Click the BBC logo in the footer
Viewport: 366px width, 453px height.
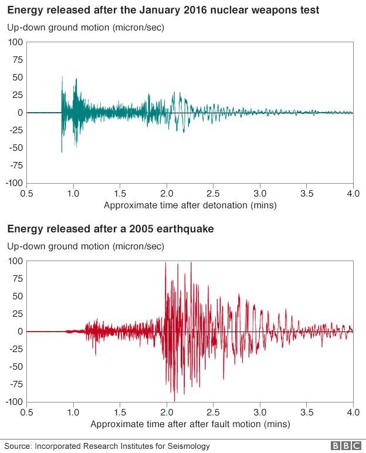[344, 446]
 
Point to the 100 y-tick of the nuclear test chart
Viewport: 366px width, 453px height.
[16, 42]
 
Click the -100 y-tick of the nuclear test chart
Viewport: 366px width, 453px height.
[14, 183]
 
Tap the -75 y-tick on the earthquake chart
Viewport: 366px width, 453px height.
[16, 384]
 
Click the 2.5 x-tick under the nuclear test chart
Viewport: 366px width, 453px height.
[213, 193]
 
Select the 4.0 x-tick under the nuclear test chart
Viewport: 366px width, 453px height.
[353, 193]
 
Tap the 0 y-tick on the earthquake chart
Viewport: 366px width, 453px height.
[20, 332]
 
